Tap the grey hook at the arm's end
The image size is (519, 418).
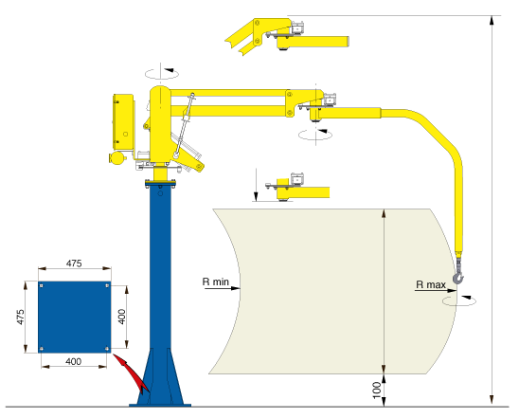pos(458,278)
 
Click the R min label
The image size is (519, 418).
pos(216,282)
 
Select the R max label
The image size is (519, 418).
pos(431,284)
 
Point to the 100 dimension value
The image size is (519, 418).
pos(377,390)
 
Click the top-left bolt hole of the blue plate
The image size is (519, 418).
pos(41,285)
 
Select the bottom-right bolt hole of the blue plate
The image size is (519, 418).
pos(107,349)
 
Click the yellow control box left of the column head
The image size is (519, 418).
pos(124,122)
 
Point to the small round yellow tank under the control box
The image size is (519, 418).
pos(117,157)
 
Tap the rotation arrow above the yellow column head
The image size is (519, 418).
pos(162,73)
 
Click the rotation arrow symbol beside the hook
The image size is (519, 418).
pos(459,300)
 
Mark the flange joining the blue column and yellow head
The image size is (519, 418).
pos(160,183)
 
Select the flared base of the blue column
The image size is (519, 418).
pos(160,377)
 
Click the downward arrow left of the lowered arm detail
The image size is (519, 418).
pos(256,184)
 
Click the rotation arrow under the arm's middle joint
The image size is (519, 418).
pos(315,135)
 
